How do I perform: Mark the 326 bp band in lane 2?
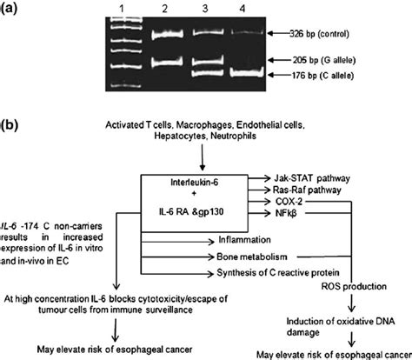pyautogui.click(x=163, y=35)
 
